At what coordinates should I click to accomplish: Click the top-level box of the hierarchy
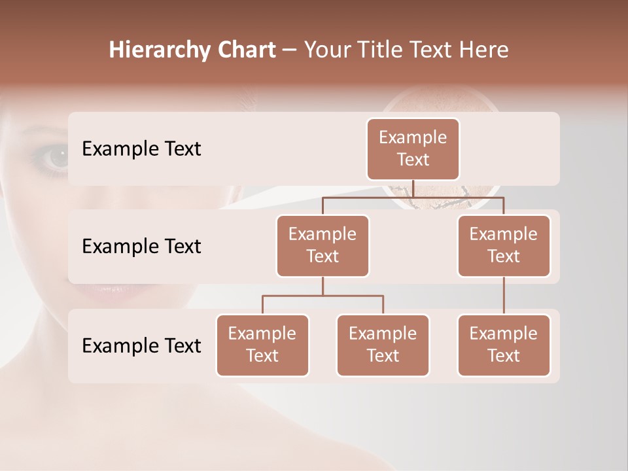coord(413,148)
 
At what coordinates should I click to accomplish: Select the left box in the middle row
coord(323,245)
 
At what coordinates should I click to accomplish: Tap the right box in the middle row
coord(504,245)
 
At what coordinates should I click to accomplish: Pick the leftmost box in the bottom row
coord(262,345)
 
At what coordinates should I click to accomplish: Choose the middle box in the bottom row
coord(383,345)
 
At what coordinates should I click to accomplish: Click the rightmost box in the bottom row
coord(504,345)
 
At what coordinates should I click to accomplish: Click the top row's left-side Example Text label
coord(141,149)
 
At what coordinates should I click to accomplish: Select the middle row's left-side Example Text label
coord(141,247)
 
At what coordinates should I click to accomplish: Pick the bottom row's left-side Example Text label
coord(141,345)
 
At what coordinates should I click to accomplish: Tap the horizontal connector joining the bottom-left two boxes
coord(323,296)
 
